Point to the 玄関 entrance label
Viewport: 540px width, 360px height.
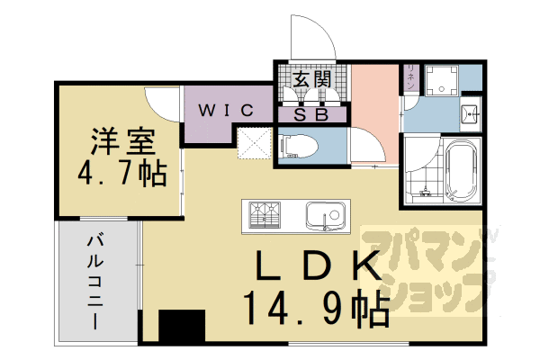pos(311,79)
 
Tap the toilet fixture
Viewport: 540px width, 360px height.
pos(296,146)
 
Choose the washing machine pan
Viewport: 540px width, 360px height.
pos(440,78)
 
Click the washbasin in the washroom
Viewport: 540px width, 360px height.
pos(469,114)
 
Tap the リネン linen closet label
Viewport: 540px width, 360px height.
pos(410,77)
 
